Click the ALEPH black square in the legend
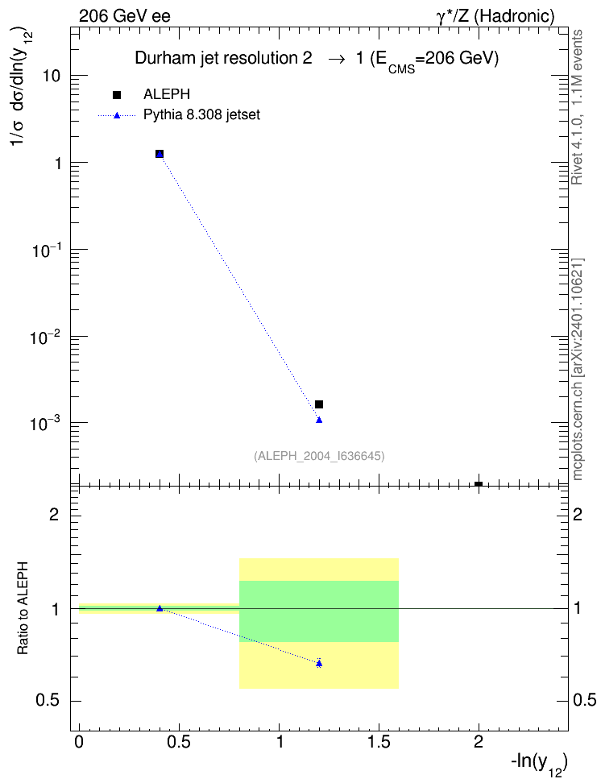[117, 95]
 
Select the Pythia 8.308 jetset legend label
[202, 115]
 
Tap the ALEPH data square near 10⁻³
[319, 404]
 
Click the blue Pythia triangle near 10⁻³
[319, 420]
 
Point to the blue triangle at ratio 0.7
[319, 663]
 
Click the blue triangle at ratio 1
[160, 608]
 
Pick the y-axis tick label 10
[51, 77]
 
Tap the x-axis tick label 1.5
[379, 743]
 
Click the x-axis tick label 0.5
[179, 743]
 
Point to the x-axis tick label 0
[79, 743]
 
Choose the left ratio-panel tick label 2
[55, 515]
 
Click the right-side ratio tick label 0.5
[585, 701]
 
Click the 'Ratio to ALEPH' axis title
[23, 608]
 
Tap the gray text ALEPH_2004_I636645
[319, 456]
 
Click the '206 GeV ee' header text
[124, 16]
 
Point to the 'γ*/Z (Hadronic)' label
[495, 16]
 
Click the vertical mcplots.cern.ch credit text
[577, 370]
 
